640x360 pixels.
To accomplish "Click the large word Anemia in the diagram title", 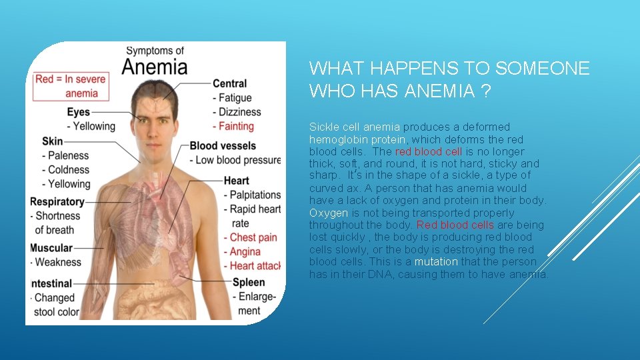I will tap(154, 67).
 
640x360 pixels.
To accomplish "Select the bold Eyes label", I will tap(79, 111).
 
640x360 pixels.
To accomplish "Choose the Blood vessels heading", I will tap(223, 146).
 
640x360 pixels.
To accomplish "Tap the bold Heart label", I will tap(237, 181).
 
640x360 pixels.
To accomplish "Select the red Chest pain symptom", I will tap(253, 237).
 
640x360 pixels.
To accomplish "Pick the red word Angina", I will tap(245, 252).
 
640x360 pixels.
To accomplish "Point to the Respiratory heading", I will tap(57, 201).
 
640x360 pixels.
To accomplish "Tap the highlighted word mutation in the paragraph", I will tap(436, 262).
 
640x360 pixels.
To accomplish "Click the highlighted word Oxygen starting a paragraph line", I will tap(329, 213).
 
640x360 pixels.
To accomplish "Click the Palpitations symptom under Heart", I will tap(255, 195).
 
